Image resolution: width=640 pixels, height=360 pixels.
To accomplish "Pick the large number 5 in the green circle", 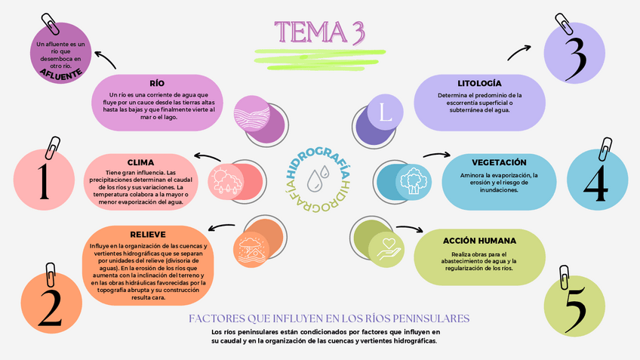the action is (x=574, y=306).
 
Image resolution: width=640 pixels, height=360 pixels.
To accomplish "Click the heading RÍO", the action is (x=157, y=83).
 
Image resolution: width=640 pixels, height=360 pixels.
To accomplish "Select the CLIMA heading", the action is (x=140, y=162).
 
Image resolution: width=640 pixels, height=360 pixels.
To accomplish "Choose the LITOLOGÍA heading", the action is (x=479, y=82).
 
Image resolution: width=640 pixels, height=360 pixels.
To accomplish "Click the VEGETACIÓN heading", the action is (x=499, y=162).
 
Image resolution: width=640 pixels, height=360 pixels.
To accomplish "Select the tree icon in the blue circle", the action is (x=412, y=180).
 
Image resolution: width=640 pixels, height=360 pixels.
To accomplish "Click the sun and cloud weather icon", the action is (x=226, y=181).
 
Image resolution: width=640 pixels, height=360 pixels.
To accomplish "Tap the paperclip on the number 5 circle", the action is (x=564, y=278).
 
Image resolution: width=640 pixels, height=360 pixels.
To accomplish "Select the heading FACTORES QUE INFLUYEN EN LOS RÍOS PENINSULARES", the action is (x=329, y=318).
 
